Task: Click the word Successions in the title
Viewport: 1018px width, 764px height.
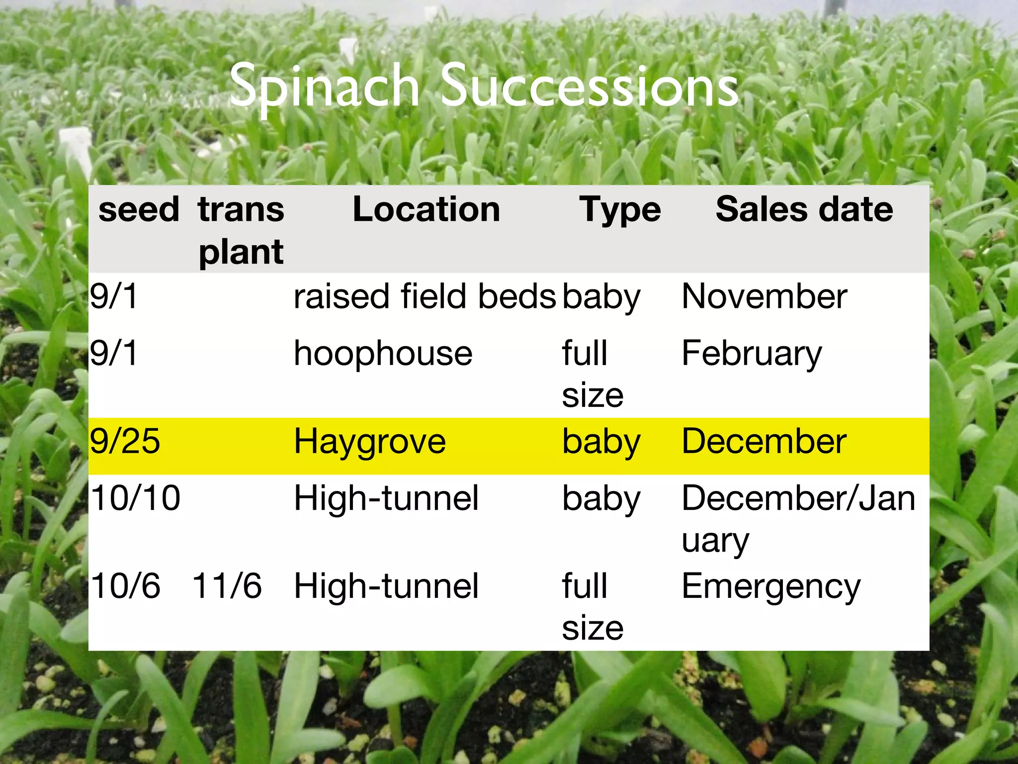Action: click(590, 87)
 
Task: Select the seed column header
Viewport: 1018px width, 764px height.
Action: click(139, 209)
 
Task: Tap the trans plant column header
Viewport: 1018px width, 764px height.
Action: click(241, 230)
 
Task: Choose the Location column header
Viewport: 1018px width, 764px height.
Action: click(426, 209)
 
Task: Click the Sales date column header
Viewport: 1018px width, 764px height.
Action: click(804, 209)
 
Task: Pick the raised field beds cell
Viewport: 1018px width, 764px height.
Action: click(424, 296)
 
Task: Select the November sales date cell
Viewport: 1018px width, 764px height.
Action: click(764, 296)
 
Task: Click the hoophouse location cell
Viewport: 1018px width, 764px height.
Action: click(383, 354)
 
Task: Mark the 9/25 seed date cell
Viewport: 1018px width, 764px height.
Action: click(125, 441)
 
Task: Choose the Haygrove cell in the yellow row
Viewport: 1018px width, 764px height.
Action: click(370, 442)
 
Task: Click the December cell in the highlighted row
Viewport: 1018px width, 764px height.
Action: click(763, 441)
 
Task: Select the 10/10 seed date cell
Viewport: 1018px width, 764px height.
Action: click(135, 498)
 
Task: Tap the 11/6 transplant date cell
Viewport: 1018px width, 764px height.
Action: click(227, 585)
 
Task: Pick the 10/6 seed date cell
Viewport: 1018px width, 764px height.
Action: click(125, 585)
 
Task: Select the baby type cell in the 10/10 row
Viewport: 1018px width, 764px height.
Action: click(601, 499)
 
